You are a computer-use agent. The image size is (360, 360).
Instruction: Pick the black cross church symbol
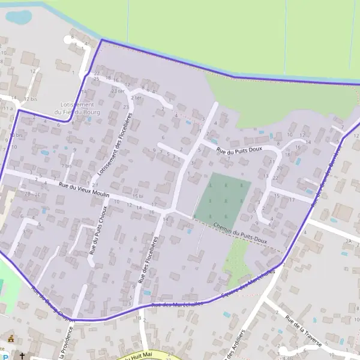click(22, 356)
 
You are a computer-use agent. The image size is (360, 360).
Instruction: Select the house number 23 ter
click(117, 91)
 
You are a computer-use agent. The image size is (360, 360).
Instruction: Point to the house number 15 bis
click(138, 196)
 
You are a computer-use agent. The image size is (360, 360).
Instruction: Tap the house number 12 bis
click(31, 98)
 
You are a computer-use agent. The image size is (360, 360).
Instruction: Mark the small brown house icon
click(10, 338)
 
